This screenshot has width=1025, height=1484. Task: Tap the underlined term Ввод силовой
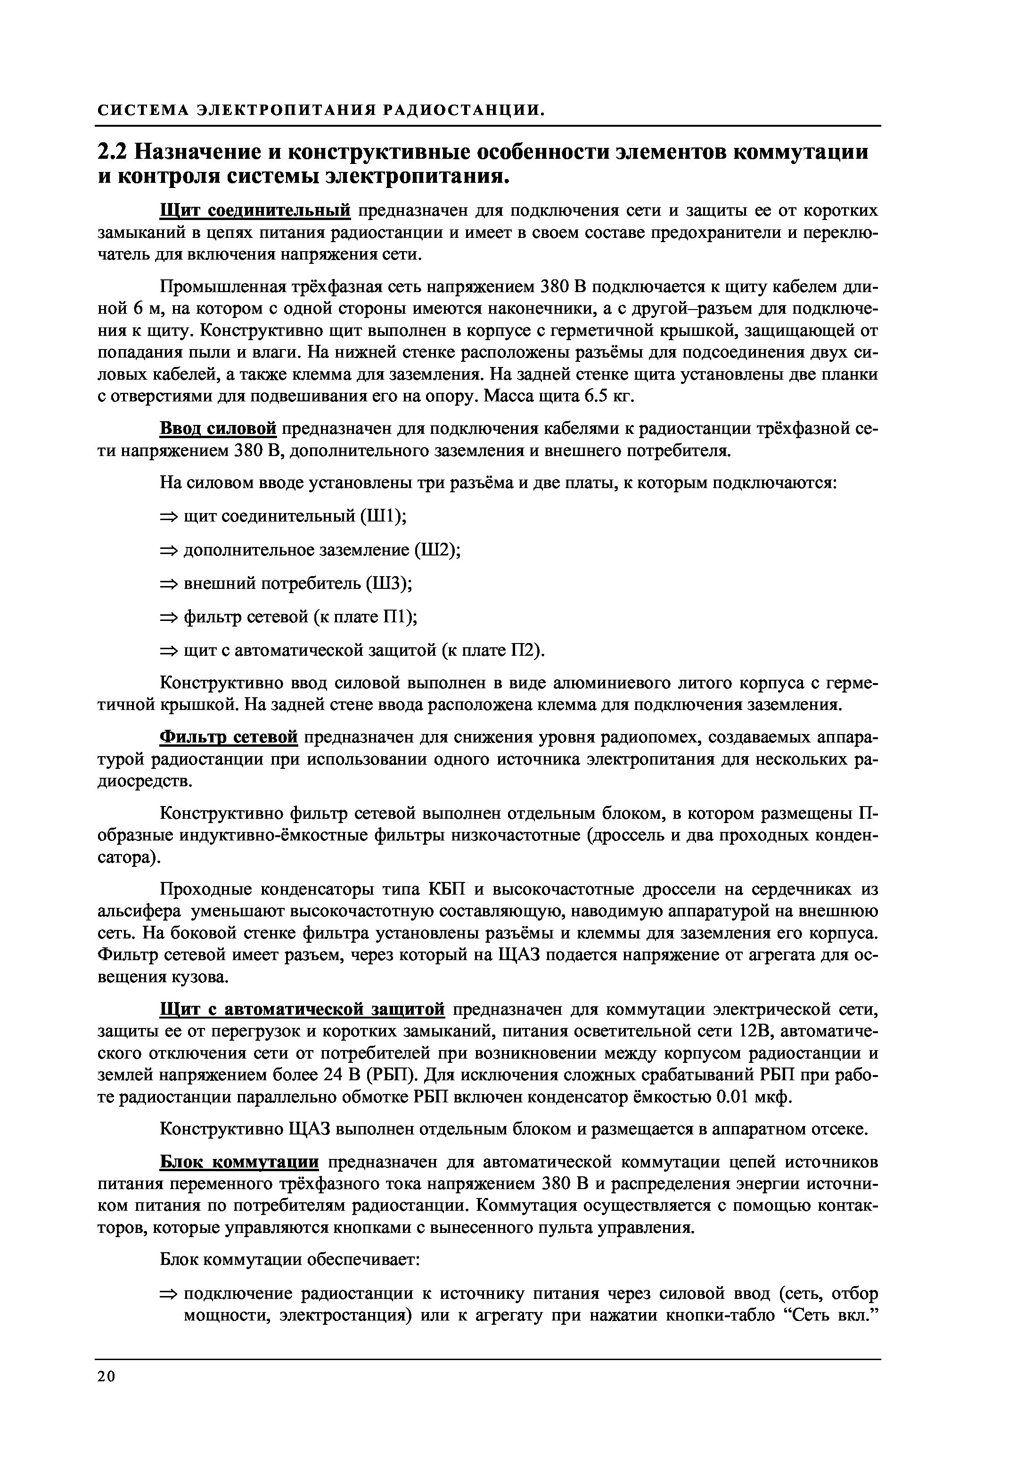click(218, 428)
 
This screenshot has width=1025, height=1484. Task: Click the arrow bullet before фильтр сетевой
click(168, 618)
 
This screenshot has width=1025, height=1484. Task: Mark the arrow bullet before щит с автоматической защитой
click(168, 651)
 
